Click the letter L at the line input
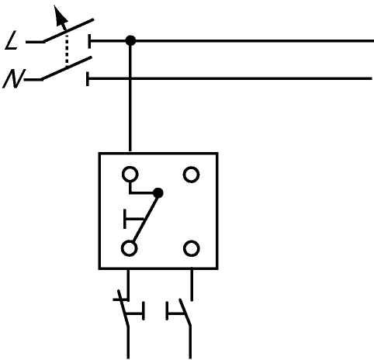pyautogui.click(x=12, y=40)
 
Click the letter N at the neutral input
pyautogui.click(x=13, y=78)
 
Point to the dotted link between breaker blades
pyautogui.click(x=67, y=49)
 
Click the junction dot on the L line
pyautogui.click(x=130, y=40)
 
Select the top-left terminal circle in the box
pyautogui.click(x=130, y=175)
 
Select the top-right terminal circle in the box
pyautogui.click(x=191, y=175)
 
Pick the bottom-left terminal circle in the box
pyautogui.click(x=130, y=248)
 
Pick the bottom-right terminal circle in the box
pyautogui.click(x=192, y=248)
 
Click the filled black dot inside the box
pyautogui.click(x=158, y=193)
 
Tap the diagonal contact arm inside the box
pyautogui.click(x=145, y=218)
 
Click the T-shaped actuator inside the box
pyautogui.click(x=133, y=219)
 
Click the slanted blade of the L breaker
pyautogui.click(x=68, y=30)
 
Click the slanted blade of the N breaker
pyautogui.click(x=66, y=68)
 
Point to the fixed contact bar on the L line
pyautogui.click(x=89, y=41)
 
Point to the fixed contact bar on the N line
pyautogui.click(x=88, y=78)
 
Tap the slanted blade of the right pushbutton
pyautogui.click(x=185, y=312)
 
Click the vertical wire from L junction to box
pyautogui.click(x=130, y=96)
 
